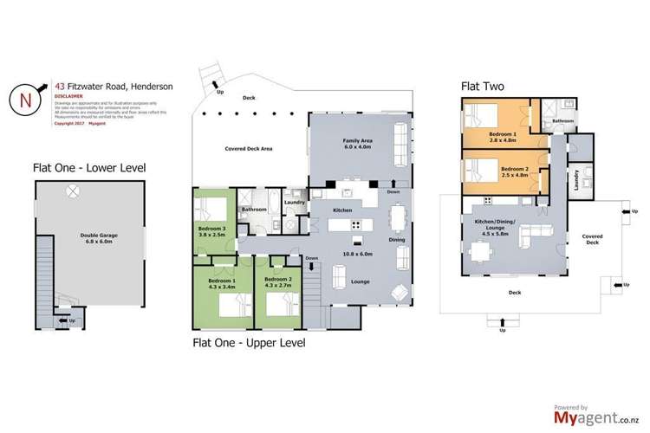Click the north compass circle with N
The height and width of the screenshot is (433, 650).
tap(27, 98)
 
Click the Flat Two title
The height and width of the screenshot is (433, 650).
tap(484, 87)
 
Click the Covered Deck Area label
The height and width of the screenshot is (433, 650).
tap(249, 149)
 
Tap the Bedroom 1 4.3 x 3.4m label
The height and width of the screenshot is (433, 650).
tap(223, 283)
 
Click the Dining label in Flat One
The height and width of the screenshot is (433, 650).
tap(397, 239)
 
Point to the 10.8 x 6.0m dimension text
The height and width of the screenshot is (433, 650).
tap(356, 254)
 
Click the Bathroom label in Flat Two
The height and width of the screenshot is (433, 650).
tap(563, 121)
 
